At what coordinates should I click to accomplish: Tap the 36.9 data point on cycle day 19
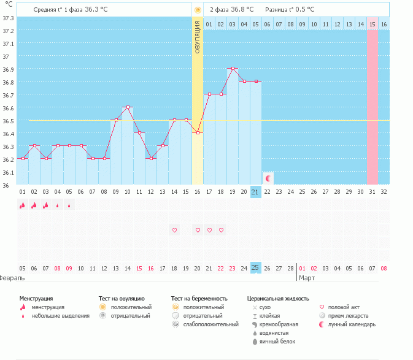click(x=233, y=69)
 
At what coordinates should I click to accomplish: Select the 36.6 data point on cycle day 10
click(x=128, y=107)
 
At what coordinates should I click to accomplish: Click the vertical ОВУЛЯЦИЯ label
click(x=198, y=37)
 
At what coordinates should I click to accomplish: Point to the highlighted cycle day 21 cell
click(x=256, y=192)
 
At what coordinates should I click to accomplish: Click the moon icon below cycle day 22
click(x=268, y=178)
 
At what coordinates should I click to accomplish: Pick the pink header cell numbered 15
click(x=372, y=24)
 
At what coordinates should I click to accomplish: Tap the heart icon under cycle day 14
click(x=174, y=230)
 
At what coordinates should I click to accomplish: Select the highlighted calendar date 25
click(x=256, y=267)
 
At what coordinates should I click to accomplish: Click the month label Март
click(x=307, y=278)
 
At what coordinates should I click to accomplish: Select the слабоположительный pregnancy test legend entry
click(x=206, y=324)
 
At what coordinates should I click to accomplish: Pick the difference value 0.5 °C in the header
click(x=302, y=10)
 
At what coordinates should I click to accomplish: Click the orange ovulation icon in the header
click(x=198, y=10)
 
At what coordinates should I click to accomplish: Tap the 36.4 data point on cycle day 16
click(x=198, y=132)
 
